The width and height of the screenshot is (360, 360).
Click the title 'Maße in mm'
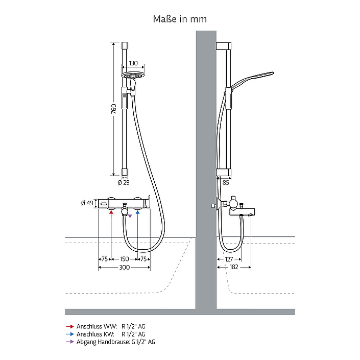click(x=180, y=19)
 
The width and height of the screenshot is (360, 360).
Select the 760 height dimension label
click(x=114, y=109)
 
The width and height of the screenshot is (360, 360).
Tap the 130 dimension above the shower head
click(x=133, y=63)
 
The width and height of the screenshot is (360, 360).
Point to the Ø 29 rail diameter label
click(x=124, y=182)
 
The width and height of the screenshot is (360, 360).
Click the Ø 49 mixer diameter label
click(x=87, y=203)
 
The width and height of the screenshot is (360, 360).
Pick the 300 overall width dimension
click(x=124, y=267)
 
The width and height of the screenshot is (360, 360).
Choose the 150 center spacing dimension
click(x=124, y=259)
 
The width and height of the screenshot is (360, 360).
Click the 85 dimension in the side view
click(x=226, y=183)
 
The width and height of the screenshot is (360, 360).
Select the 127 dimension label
click(x=229, y=259)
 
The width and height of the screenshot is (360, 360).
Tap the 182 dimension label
click(x=234, y=267)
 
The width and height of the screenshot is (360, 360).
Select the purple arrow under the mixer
click(x=130, y=214)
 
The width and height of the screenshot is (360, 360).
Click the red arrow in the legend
click(x=70, y=326)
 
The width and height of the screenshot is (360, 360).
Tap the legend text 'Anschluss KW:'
click(x=95, y=334)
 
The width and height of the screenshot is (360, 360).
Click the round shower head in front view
click(x=133, y=76)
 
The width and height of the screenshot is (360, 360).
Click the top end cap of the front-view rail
click(x=124, y=45)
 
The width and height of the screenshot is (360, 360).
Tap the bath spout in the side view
click(x=242, y=212)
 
